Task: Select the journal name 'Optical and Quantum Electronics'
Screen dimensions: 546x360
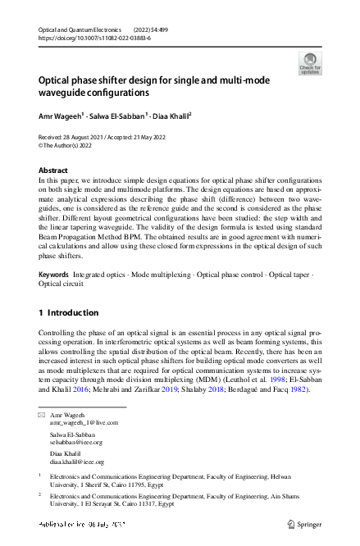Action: (78, 30)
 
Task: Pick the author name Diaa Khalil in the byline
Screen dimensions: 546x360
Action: (172, 116)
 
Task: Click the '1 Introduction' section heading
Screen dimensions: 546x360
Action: (69, 312)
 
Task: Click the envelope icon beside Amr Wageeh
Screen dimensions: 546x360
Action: (42, 416)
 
